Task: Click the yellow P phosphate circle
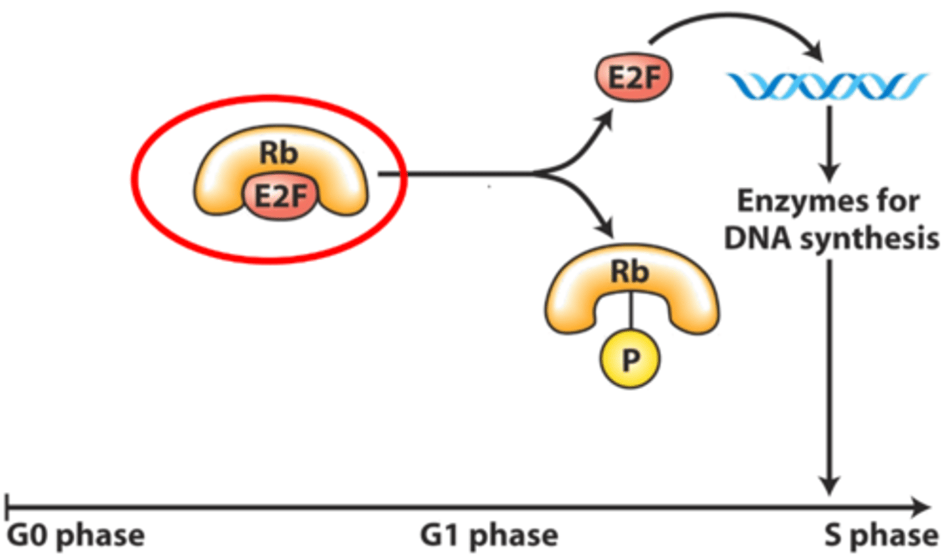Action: [x=629, y=359]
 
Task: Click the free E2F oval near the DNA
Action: [x=633, y=78]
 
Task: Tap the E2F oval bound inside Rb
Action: [x=280, y=196]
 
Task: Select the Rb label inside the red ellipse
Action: [x=278, y=153]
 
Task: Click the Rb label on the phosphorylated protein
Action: [x=629, y=271]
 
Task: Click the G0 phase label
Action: [x=76, y=535]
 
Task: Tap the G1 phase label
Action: [x=489, y=535]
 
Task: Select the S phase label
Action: [x=881, y=535]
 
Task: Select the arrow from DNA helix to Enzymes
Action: [x=829, y=142]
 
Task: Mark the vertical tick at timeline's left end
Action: [x=7, y=506]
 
